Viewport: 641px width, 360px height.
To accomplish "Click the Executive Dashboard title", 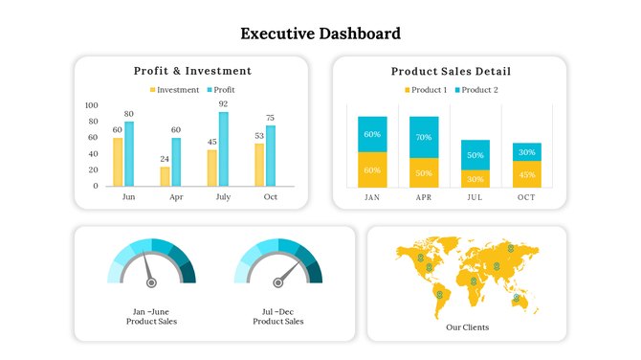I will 320,34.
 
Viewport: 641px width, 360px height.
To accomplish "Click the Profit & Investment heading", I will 192,71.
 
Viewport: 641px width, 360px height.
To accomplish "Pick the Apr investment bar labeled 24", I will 165,176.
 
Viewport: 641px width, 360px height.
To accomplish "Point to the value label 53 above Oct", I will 258,136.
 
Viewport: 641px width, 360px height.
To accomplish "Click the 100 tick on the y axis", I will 92,105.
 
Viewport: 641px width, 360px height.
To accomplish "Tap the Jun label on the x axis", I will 128,197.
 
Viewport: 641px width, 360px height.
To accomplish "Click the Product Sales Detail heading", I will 450,71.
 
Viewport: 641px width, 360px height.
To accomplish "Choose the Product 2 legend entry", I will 475,90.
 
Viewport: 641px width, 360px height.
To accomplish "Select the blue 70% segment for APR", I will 424,137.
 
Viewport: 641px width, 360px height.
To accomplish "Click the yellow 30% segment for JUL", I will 475,178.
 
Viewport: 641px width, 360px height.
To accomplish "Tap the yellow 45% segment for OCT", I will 526,174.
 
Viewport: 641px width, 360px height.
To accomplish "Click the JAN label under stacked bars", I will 372,197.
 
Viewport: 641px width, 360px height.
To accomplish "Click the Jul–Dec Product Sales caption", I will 277,317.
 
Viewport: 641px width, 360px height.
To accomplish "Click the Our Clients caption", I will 467,327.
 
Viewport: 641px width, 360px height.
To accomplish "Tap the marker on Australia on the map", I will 517,299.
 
